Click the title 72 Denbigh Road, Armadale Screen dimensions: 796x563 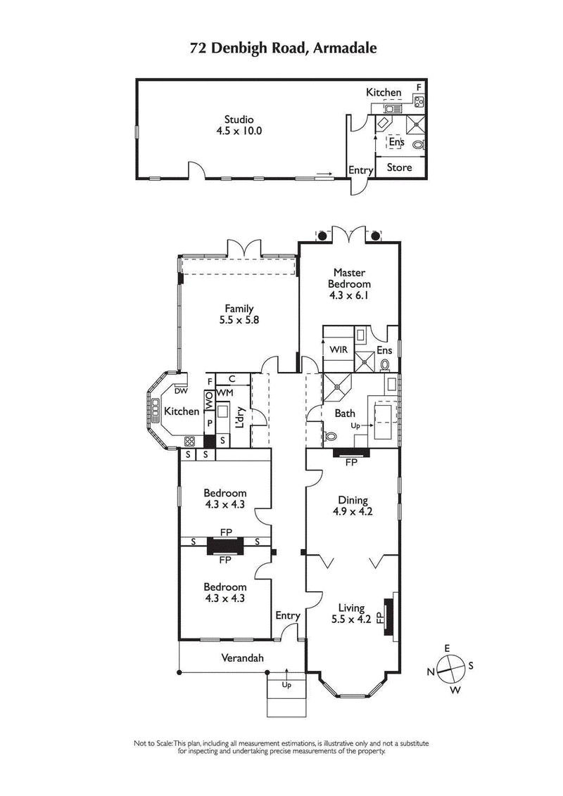point(283,48)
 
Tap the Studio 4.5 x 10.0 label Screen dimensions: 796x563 point(239,124)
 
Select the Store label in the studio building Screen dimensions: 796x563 point(399,167)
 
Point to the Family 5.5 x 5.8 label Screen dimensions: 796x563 point(239,314)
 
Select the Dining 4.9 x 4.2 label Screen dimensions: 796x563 point(352,506)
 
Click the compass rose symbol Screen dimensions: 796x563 point(450,668)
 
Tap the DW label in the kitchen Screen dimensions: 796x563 point(181,391)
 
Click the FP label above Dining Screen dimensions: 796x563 point(350,463)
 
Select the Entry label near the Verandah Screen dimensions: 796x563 point(288,616)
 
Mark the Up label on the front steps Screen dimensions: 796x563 point(286,684)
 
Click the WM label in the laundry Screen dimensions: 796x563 point(224,392)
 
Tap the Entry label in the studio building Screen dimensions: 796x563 point(361,171)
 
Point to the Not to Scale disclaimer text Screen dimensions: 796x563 point(281,747)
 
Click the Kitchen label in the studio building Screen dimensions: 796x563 point(384,92)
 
